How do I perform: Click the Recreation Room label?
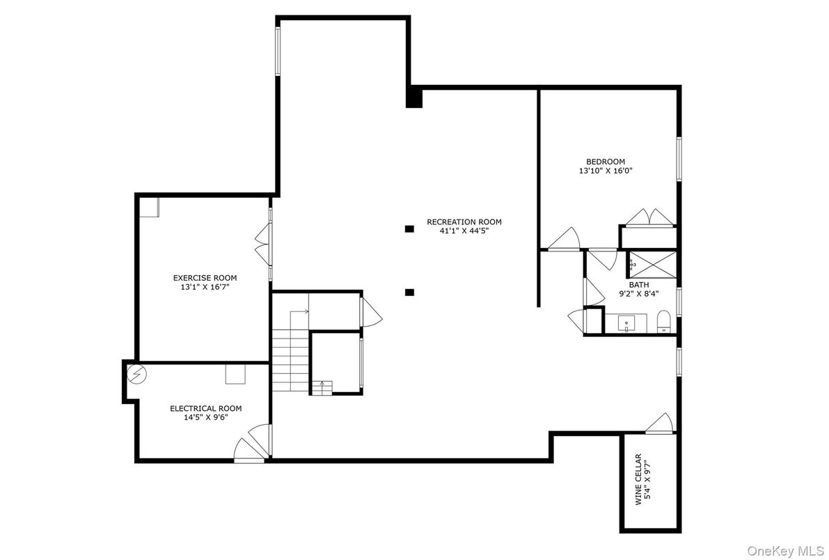click(464, 222)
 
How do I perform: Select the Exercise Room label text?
click(200, 278)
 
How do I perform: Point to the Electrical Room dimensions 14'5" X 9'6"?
click(205, 418)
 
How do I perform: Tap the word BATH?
click(639, 285)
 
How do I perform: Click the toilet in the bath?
click(663, 321)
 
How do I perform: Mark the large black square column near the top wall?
click(414, 97)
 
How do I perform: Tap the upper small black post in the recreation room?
click(410, 228)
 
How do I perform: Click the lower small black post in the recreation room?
click(410, 293)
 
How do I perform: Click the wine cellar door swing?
click(658, 423)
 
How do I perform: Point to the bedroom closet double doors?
click(649, 217)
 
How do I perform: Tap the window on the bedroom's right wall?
click(679, 159)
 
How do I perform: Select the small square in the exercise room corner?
click(150, 207)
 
